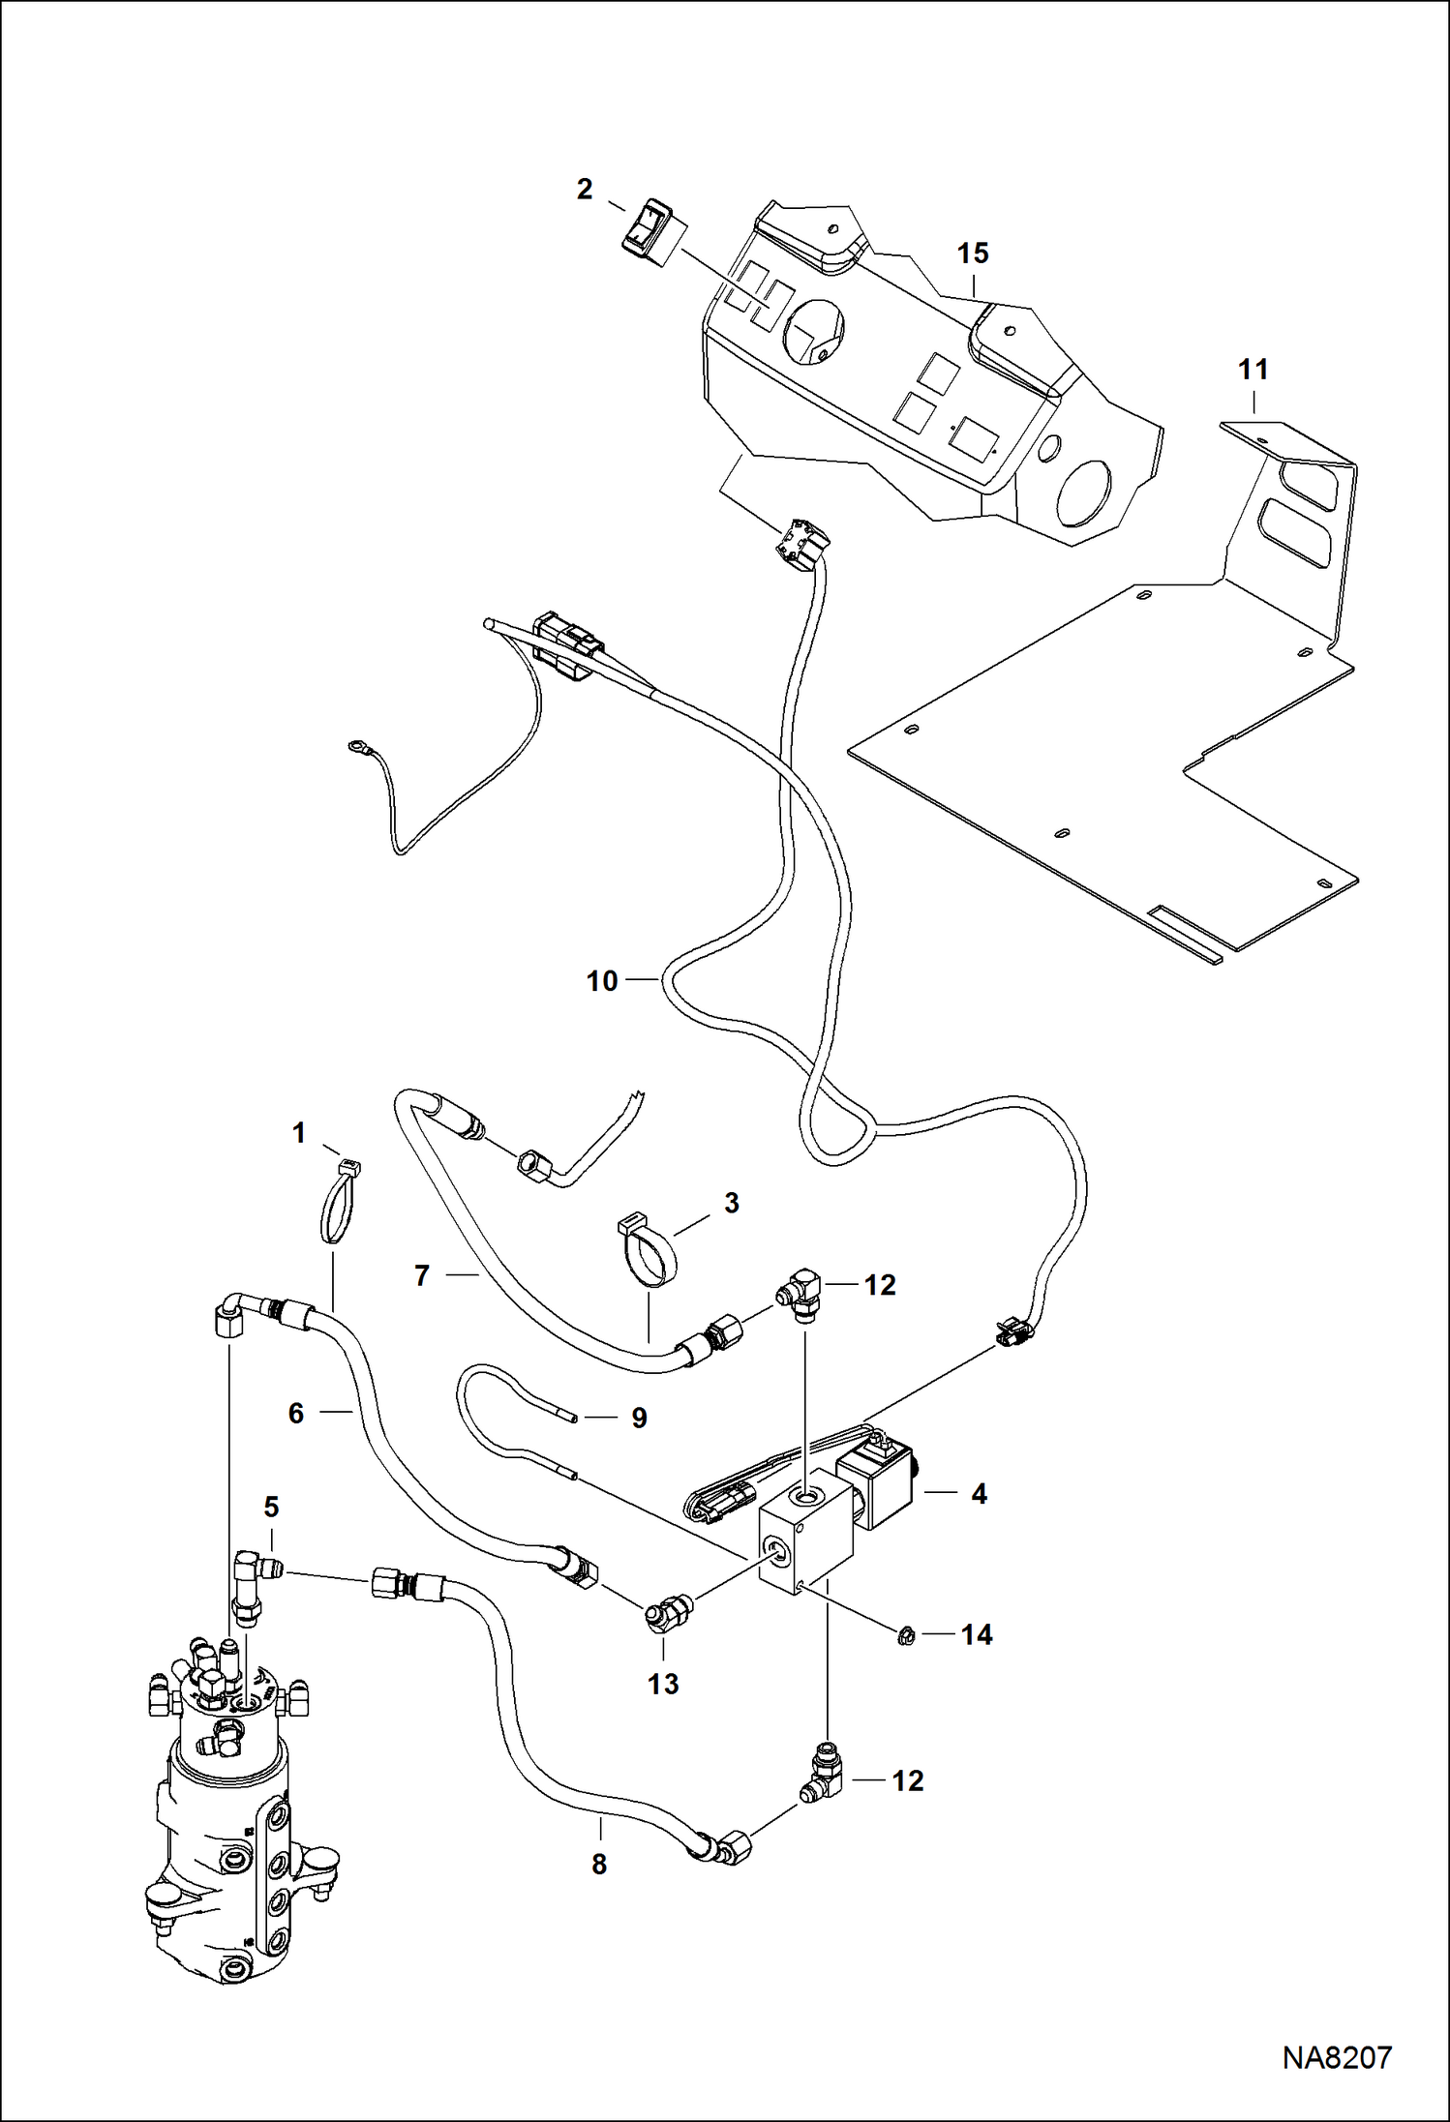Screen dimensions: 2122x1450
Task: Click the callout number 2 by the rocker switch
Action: pos(584,190)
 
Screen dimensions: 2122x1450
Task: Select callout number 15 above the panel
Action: pos(973,254)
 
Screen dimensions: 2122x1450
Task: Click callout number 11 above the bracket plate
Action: pos(1253,370)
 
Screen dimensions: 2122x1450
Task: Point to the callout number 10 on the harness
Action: pos(602,981)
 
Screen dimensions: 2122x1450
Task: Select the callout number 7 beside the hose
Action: pos(421,1276)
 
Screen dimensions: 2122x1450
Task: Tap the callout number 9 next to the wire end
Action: pos(639,1418)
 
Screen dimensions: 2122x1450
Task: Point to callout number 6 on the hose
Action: pos(296,1414)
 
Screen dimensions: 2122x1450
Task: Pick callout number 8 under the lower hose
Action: pos(599,1864)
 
